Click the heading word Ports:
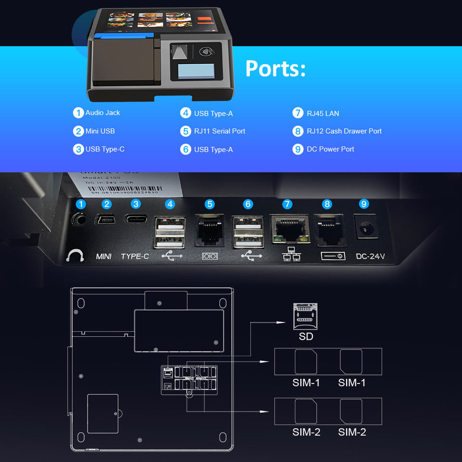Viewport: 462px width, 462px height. pyautogui.click(x=275, y=69)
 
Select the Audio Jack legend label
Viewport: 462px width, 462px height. pyautogui.click(x=103, y=113)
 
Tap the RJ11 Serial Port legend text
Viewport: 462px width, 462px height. pyautogui.click(x=219, y=131)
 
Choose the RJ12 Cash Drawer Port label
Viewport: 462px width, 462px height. pyautogui.click(x=344, y=131)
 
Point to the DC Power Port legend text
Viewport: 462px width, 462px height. pyautogui.click(x=330, y=149)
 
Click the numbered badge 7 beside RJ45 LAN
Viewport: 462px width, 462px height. pyautogui.click(x=298, y=113)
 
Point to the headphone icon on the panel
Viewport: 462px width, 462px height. pyautogui.click(x=75, y=255)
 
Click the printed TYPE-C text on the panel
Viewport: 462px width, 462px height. pyautogui.click(x=135, y=257)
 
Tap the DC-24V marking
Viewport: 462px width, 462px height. pyautogui.click(x=370, y=257)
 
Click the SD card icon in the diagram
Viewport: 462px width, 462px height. pyautogui.click(x=305, y=316)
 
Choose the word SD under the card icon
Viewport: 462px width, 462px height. pyautogui.click(x=306, y=336)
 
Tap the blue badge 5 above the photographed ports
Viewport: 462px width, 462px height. pyautogui.click(x=209, y=204)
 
